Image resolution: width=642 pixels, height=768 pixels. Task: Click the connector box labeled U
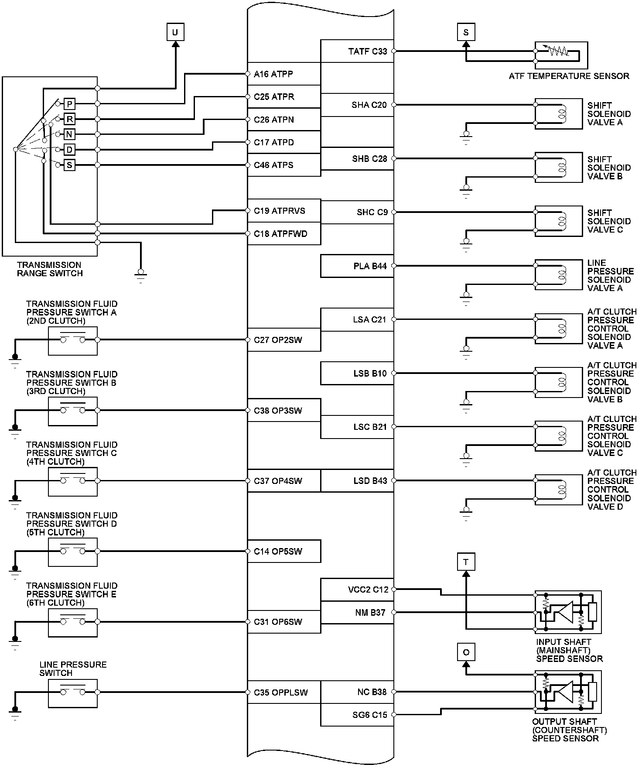coord(175,32)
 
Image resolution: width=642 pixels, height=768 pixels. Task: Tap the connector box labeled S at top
coord(466,32)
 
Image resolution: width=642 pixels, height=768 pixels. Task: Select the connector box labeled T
coord(466,562)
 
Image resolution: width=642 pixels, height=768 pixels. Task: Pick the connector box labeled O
coord(466,652)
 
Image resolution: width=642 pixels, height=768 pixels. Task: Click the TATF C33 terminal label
coord(368,51)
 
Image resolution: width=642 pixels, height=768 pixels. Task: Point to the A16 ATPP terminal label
coord(273,74)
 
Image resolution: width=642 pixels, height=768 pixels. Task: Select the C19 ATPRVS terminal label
coord(280,211)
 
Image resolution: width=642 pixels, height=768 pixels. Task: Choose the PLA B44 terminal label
coord(370,266)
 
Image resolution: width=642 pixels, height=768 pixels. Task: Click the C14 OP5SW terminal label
coord(278,552)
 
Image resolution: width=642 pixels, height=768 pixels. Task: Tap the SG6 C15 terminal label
coord(370,715)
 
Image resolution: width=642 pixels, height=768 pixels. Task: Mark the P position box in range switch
coord(69,104)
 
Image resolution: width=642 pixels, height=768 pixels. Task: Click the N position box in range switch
coord(69,134)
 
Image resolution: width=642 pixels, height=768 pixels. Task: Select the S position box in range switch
coord(69,165)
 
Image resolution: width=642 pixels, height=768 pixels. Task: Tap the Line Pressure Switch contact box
coord(73,693)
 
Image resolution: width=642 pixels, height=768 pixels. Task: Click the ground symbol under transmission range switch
coord(140,276)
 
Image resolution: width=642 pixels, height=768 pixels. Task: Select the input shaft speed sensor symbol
coord(568,612)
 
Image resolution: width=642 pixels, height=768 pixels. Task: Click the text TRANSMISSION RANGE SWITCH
coord(49,269)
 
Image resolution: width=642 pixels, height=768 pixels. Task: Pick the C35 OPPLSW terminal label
coord(280,693)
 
